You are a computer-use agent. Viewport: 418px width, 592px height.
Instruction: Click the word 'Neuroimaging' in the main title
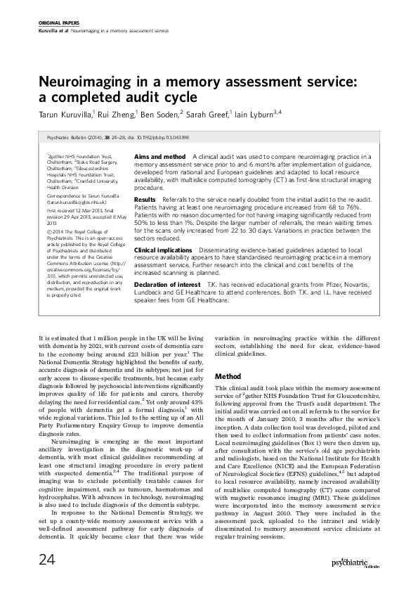tap(86, 82)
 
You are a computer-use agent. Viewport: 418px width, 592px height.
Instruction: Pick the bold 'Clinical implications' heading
tap(164, 250)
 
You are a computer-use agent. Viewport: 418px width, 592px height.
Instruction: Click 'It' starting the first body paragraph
tap(41, 339)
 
